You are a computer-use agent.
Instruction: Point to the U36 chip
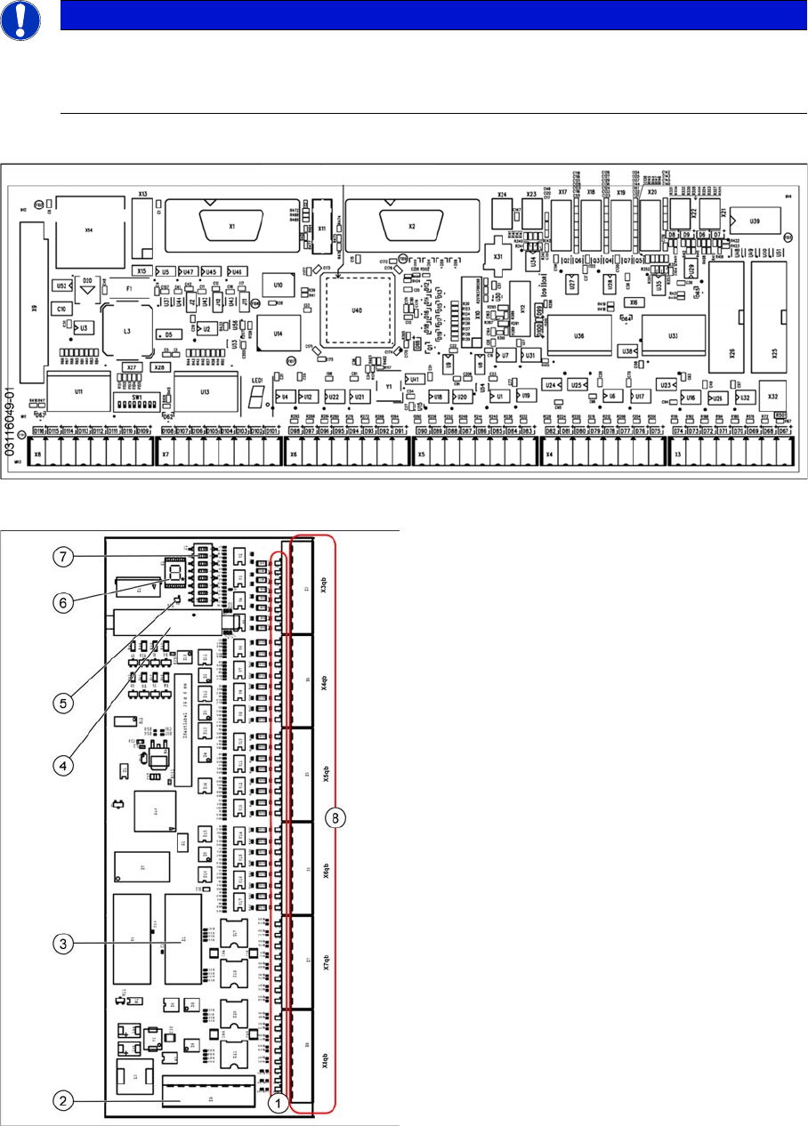579,335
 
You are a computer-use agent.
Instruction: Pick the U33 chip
673,335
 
